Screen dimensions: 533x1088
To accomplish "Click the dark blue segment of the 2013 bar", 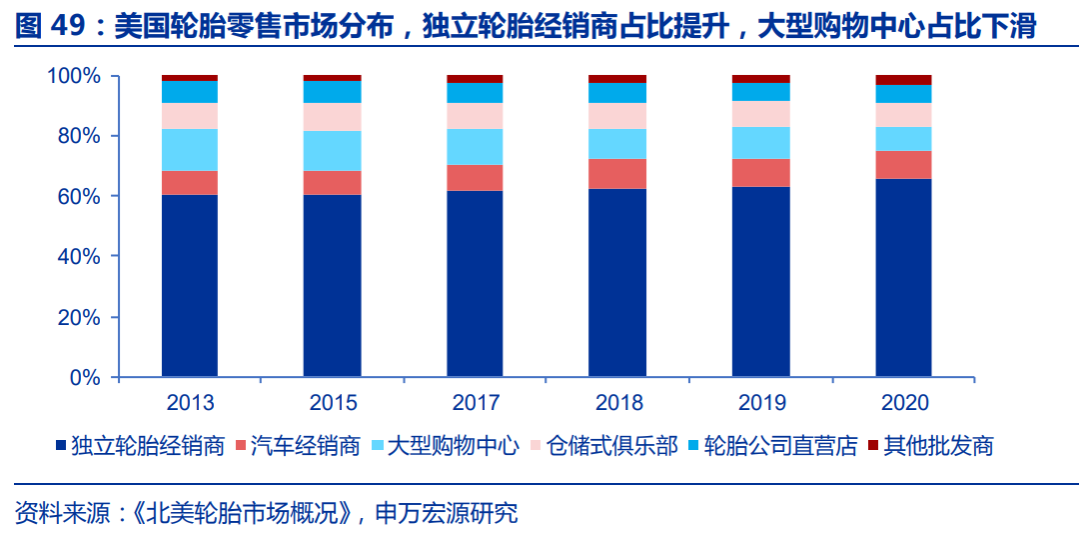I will pyautogui.click(x=190, y=285).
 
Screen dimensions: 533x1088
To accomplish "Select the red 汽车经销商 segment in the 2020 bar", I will pyautogui.click(x=903, y=165).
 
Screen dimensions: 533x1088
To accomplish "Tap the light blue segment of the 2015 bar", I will pyautogui.click(x=332, y=151).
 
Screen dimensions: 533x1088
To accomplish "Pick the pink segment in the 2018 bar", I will pyautogui.click(x=617, y=116).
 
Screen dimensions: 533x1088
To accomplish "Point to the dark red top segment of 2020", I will pyautogui.click(x=903, y=80).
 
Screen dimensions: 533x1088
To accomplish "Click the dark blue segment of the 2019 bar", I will pyautogui.click(x=760, y=282).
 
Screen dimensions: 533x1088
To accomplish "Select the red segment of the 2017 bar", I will pyautogui.click(x=475, y=178).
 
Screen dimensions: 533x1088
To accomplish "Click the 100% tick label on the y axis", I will pyautogui.click(x=74, y=76).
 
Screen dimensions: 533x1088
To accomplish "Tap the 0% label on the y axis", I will pyautogui.click(x=85, y=378).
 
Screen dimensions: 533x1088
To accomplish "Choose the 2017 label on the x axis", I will pyautogui.click(x=476, y=404).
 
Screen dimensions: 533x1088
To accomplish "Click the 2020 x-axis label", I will pyautogui.click(x=904, y=404).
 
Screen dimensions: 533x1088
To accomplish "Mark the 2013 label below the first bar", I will pyautogui.click(x=190, y=404).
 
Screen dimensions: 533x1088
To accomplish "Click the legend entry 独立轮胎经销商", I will pyautogui.click(x=147, y=446).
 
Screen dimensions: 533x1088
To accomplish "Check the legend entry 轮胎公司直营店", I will pyautogui.click(x=781, y=446).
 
